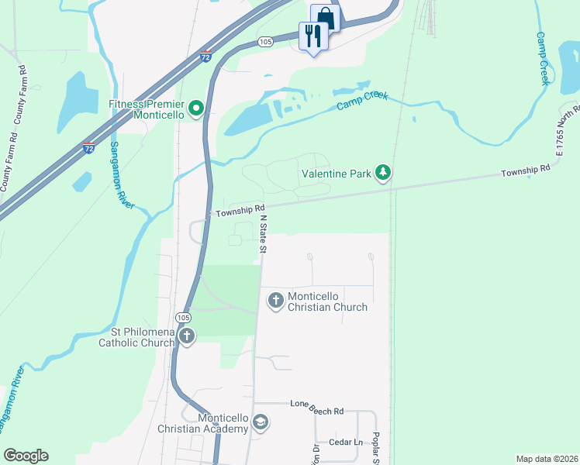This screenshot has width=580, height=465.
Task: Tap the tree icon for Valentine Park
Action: pos(382,173)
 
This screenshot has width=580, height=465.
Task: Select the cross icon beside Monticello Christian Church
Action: pos(275,301)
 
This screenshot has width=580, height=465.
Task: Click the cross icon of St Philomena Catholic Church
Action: pos(187,336)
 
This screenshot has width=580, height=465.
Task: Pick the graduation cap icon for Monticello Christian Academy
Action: pos(261,423)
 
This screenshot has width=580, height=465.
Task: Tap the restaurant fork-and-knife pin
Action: pos(313,36)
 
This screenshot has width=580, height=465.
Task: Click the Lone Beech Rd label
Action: pos(316,404)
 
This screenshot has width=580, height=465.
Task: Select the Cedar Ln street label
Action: pos(346,443)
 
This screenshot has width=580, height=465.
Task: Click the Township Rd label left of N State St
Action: pos(240,209)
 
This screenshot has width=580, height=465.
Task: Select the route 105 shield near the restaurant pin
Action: pos(266,42)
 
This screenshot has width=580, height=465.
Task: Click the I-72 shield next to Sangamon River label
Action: pos(88,146)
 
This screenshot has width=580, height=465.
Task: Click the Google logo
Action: pos(26,456)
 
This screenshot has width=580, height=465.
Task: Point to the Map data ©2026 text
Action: pos(546,459)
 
